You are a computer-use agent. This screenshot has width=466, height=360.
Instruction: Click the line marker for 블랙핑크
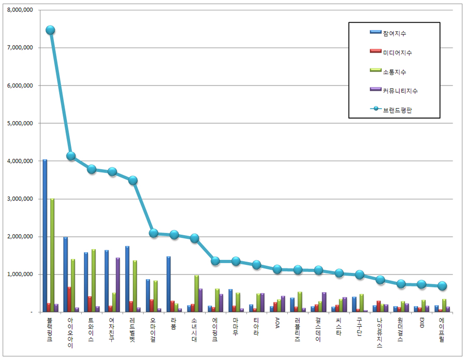[x=50, y=30]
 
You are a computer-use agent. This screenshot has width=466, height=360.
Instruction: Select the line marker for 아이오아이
[x=71, y=156]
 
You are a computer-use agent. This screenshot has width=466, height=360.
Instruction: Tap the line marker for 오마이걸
[x=153, y=233]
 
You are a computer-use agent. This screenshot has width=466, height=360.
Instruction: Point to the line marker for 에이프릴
[x=442, y=286]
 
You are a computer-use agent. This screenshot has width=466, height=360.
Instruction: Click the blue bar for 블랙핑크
[x=45, y=236]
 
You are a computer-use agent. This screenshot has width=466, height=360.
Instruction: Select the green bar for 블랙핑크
[x=52, y=255]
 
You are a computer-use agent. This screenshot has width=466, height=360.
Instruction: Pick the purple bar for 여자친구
[x=118, y=285]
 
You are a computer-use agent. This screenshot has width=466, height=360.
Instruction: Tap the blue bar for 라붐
[x=168, y=284]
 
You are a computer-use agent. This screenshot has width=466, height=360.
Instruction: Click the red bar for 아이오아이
[x=69, y=299]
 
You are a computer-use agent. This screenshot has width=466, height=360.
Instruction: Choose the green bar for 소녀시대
[x=196, y=294]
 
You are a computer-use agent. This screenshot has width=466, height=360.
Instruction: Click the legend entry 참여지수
[x=388, y=34]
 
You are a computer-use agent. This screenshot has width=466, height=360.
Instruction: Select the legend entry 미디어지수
[x=391, y=53]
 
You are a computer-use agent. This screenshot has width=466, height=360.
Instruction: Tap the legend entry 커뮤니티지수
[x=394, y=91]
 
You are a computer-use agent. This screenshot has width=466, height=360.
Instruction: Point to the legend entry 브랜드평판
[x=391, y=110]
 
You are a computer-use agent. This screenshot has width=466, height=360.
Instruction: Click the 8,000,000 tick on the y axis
[x=20, y=10]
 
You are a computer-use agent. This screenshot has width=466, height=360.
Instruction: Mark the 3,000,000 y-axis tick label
[x=20, y=199]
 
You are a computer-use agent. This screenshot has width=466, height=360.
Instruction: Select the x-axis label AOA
[x=278, y=323]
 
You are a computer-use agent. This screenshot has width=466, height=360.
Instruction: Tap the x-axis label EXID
[x=421, y=323]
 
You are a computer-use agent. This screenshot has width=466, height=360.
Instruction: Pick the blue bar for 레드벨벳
[x=127, y=279]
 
